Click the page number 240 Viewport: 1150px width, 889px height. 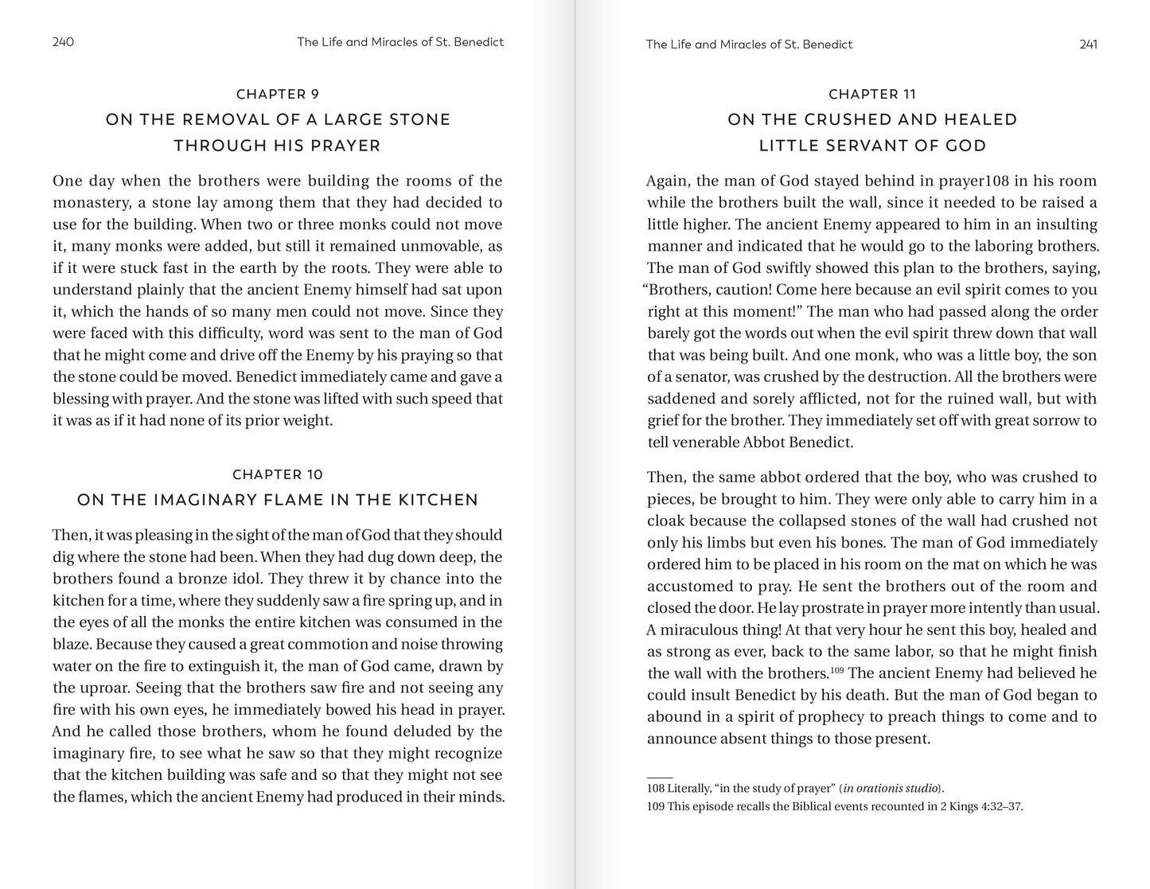[x=63, y=42]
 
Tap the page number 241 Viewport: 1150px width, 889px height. [x=1088, y=45]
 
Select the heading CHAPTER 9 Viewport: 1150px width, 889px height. [x=278, y=94]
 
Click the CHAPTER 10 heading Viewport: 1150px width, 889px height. [x=278, y=474]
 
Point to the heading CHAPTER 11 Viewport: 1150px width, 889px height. [x=872, y=94]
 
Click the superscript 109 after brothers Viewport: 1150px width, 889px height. [x=839, y=670]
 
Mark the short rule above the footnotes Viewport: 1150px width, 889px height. [x=660, y=777]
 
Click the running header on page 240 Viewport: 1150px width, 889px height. [x=400, y=42]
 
